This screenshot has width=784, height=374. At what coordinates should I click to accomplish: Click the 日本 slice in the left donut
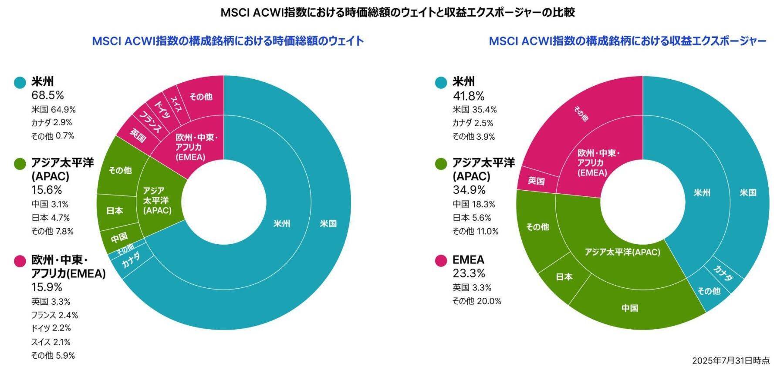(x=115, y=211)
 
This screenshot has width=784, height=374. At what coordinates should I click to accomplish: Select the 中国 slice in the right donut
(x=630, y=308)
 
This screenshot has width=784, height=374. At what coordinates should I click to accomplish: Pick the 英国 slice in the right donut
(x=536, y=180)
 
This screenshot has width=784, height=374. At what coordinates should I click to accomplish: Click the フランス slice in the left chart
(x=150, y=122)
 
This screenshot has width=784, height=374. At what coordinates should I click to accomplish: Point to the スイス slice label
(x=176, y=104)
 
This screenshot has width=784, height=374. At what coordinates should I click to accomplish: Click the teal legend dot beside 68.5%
(x=20, y=83)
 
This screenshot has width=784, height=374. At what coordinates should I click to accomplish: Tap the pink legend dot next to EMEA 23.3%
(x=441, y=260)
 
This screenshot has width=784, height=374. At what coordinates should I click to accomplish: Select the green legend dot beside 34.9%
(x=441, y=164)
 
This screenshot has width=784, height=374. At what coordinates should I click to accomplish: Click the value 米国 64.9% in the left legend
(x=53, y=109)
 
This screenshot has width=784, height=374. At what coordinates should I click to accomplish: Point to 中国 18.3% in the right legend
(x=474, y=204)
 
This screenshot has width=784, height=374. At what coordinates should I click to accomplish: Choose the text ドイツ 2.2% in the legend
(x=51, y=328)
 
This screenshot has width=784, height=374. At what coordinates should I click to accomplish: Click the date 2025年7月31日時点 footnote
(x=730, y=361)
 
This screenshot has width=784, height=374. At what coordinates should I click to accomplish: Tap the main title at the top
(x=397, y=12)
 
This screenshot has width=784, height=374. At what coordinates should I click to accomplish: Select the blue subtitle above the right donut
(x=627, y=41)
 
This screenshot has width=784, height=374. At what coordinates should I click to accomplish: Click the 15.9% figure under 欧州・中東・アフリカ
(x=47, y=287)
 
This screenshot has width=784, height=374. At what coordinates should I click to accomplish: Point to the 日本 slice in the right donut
(x=564, y=277)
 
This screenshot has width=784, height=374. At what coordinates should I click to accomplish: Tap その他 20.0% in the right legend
(x=476, y=301)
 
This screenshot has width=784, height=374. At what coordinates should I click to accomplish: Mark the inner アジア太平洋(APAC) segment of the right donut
(x=622, y=252)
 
